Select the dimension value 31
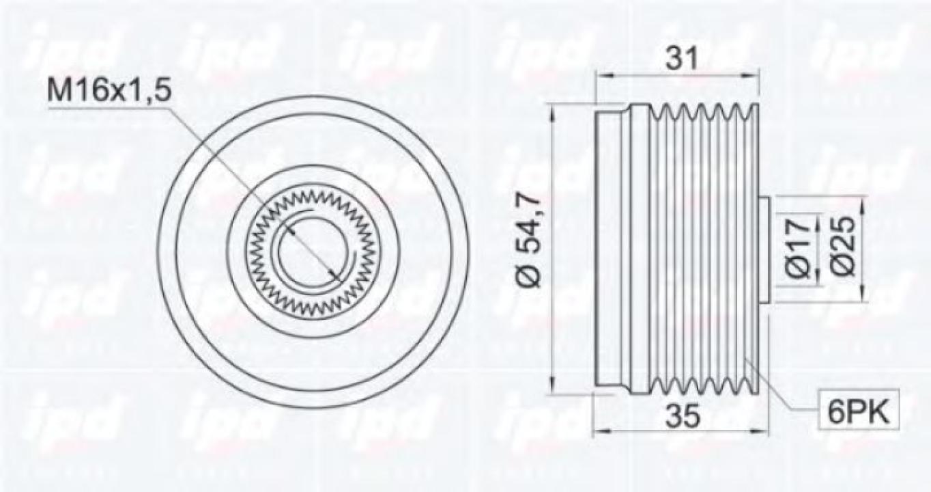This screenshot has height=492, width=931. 681,59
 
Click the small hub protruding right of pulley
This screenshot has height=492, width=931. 765,250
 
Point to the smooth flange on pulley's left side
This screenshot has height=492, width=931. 610,250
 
